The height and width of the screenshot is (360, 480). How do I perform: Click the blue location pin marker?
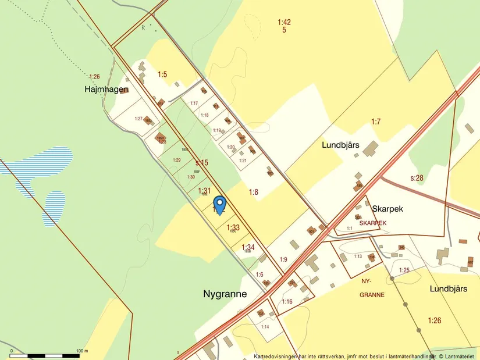tap(220, 205)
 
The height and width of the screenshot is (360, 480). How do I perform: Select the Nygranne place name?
tap(225, 294)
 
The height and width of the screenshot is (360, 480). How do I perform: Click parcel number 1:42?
tap(284, 22)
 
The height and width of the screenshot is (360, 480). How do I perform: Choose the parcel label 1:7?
tap(376, 122)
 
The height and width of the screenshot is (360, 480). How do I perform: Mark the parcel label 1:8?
tap(254, 192)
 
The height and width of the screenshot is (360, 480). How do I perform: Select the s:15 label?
tap(201, 163)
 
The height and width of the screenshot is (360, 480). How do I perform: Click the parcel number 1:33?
tap(233, 227)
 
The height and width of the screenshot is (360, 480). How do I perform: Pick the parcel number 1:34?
tap(248, 247)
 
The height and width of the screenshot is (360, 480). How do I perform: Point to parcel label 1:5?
tap(162, 74)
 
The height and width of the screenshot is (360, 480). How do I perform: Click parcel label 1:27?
tap(138, 119)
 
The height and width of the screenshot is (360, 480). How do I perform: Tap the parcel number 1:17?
tap(194, 103)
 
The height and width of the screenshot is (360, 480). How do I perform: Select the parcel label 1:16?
tap(287, 302)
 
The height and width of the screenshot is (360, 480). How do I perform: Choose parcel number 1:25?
tap(404, 270)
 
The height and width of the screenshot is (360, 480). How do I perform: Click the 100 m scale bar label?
tap(81, 351)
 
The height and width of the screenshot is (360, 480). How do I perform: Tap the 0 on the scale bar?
tap(11, 351)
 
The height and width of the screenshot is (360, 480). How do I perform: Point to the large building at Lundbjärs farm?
tap(369, 151)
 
